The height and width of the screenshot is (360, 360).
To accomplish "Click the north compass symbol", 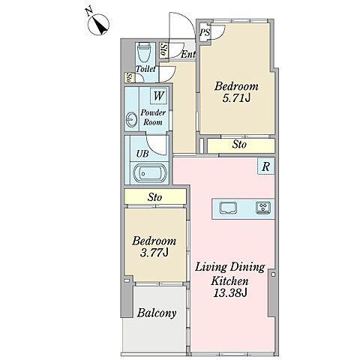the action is coord(98,25).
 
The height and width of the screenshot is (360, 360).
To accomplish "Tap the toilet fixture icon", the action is coord(145,52).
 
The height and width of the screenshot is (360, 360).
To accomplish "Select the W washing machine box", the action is coord(158,95).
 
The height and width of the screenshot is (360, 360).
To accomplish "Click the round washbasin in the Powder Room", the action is coord(131,119).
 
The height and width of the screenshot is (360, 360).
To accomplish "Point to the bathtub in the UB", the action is coord(149,173).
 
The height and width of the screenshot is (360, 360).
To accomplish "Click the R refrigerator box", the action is coord(266,166).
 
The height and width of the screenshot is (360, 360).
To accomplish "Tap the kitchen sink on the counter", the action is coord(228,208).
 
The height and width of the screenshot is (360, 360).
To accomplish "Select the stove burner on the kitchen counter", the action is coord(263,208).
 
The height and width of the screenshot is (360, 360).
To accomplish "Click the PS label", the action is coord(205,32).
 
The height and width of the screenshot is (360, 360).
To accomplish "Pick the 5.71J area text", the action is coord(236,98).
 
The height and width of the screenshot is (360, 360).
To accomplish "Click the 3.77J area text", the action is coord(154,253).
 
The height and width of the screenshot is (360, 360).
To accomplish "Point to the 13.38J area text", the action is coord(230,292).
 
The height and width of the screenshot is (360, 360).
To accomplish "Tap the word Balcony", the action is coord(157,313).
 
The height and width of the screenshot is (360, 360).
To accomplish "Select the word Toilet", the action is coord(145,69).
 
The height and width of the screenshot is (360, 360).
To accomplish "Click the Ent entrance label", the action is coord(187,54).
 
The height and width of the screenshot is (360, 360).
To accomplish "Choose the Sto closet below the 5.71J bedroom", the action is coord(239,145).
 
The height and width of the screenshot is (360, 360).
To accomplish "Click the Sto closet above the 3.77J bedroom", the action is coord(154,197).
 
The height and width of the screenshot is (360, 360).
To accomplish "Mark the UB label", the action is coord(142,154).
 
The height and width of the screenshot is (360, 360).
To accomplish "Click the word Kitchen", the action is coord(230,281).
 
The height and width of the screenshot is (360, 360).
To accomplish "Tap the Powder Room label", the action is coord(153,118).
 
